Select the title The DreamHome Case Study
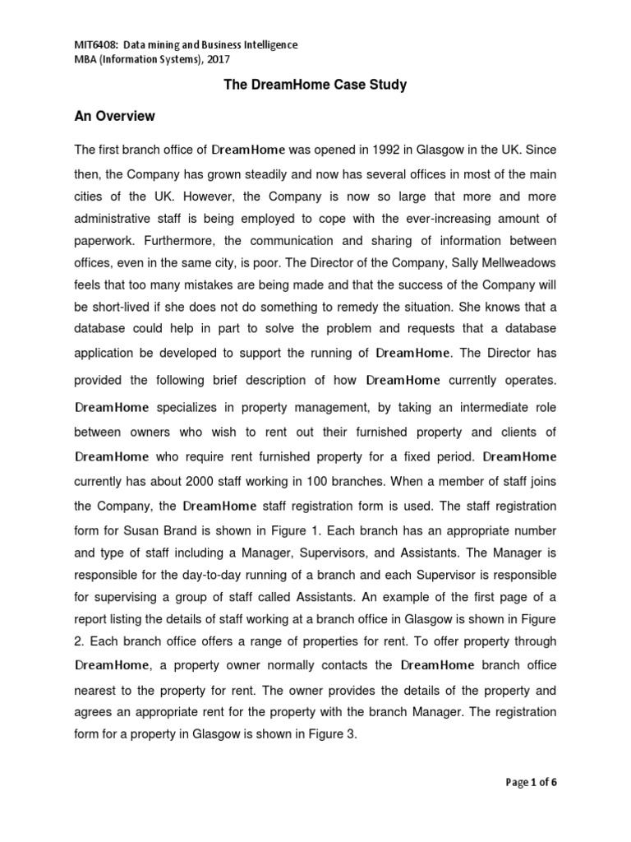315,86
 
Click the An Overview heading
114,116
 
